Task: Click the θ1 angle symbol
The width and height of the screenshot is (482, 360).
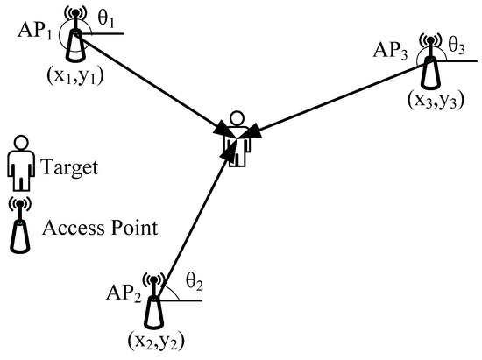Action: coord(105,18)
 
